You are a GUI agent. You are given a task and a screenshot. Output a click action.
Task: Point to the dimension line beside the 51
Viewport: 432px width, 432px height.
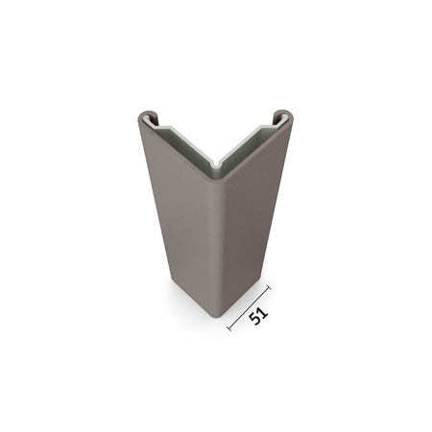coord(249,308)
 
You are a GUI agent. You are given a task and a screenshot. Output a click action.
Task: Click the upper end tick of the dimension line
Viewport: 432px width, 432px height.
coord(268,287)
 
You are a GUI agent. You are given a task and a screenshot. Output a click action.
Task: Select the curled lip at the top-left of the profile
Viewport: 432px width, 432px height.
coord(146,119)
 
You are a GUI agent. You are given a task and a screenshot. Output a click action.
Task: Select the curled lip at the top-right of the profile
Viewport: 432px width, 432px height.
coord(283,118)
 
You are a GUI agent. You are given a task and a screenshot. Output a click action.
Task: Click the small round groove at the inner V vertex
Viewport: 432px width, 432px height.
coord(217,169)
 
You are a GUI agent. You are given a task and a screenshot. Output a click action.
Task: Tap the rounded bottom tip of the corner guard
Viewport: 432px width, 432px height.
coord(216,314)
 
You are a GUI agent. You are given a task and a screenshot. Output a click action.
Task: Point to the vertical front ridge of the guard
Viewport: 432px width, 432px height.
coord(217,240)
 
